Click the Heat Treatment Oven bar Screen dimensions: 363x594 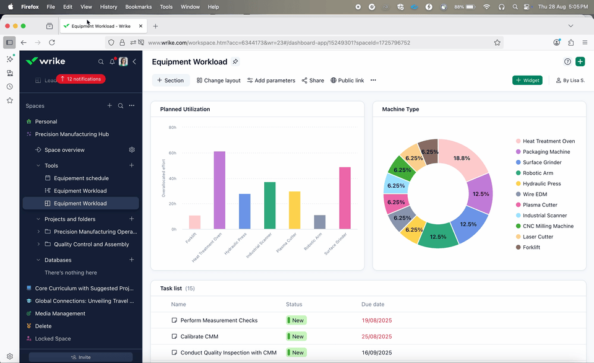click(x=219, y=190)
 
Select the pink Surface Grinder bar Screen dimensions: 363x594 click(x=345, y=198)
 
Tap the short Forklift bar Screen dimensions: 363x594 click(x=194, y=222)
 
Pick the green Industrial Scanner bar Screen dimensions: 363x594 click(x=270, y=206)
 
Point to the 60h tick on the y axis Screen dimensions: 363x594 click(x=173, y=153)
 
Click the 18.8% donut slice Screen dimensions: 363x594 click(x=462, y=159)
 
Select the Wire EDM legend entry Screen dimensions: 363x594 click(x=535, y=195)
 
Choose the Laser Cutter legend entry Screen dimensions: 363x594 click(x=538, y=237)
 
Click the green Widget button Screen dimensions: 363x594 click(x=527, y=81)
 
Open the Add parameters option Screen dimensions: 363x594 click(x=271, y=81)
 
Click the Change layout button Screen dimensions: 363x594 click(x=218, y=81)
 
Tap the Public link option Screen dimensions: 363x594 click(x=347, y=81)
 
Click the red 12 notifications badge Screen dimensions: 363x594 click(x=80, y=79)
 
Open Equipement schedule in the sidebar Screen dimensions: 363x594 click(x=80, y=178)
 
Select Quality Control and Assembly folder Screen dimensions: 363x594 click(x=91, y=244)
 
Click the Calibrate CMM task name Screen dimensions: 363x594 click(x=199, y=336)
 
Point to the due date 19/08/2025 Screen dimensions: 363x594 click(x=376, y=320)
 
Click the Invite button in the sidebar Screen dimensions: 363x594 click(x=80, y=357)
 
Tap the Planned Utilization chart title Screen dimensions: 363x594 click(x=185, y=109)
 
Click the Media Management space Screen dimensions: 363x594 click(x=60, y=313)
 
